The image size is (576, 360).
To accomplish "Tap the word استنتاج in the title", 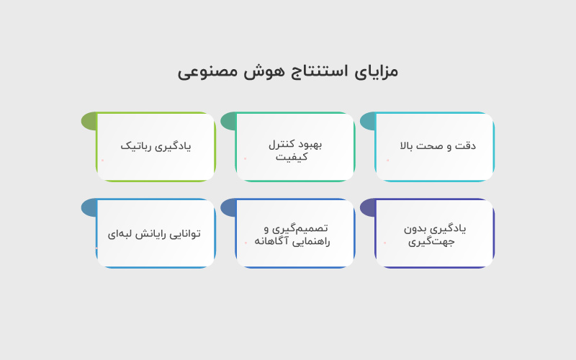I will coord(313,71).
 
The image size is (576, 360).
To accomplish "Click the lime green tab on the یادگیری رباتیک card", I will coord(89,121).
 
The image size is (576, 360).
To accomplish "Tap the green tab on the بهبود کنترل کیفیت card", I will coord(228,121).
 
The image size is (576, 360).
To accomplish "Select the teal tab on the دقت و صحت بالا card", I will coord(367,121).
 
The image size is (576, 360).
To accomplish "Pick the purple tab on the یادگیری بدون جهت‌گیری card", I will coord(367,207).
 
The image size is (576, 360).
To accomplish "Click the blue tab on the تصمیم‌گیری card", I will coord(228,207).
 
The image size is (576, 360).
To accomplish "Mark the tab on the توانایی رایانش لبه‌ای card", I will coord(89,207).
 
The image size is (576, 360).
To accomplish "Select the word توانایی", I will coord(186,233).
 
